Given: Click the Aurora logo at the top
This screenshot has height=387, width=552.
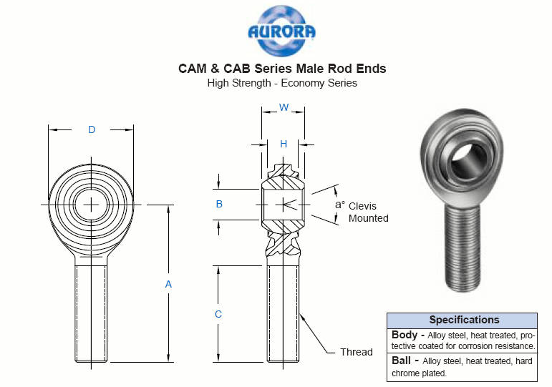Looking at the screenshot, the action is click(281, 31).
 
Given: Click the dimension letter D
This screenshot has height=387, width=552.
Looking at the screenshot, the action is click(92, 129).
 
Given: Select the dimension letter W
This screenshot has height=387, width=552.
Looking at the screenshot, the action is click(284, 107).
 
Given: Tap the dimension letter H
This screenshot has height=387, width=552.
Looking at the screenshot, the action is click(284, 144).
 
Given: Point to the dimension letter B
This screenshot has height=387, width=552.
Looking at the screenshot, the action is click(219, 204).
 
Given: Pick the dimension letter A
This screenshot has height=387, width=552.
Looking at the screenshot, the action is click(168, 284).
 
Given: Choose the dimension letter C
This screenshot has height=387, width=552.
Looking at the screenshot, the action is click(218, 314).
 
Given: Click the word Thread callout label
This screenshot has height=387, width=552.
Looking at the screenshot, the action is click(357, 352).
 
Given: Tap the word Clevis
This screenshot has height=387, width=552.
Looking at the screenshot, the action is click(362, 206).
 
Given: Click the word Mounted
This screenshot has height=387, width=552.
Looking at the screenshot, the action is click(369, 218).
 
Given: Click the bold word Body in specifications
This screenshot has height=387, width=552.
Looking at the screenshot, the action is click(405, 335).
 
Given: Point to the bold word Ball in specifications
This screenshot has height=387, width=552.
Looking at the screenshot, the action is click(402, 361).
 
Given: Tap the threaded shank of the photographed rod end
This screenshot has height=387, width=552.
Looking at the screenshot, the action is click(463, 248).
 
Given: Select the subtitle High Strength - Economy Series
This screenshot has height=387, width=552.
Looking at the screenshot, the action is click(282, 83).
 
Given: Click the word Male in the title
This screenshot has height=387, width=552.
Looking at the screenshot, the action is click(310, 68).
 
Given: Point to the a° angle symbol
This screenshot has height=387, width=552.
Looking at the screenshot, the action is click(339, 204).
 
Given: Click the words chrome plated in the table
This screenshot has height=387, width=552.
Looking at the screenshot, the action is click(419, 373).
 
